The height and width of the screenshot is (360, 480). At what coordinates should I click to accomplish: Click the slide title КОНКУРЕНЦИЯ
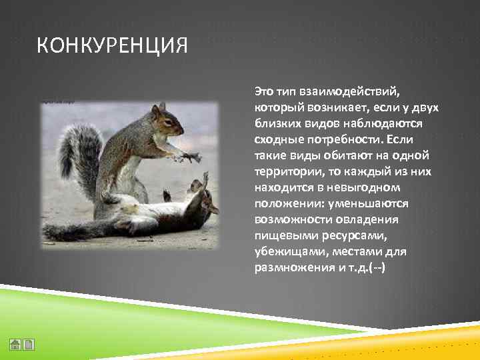tap(112, 47)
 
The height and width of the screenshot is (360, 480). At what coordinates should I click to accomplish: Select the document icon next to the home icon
tap(29, 345)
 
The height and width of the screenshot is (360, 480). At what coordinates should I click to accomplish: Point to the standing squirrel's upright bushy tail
tap(79, 160)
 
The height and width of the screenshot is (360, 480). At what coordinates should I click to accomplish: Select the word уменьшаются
tap(369, 203)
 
